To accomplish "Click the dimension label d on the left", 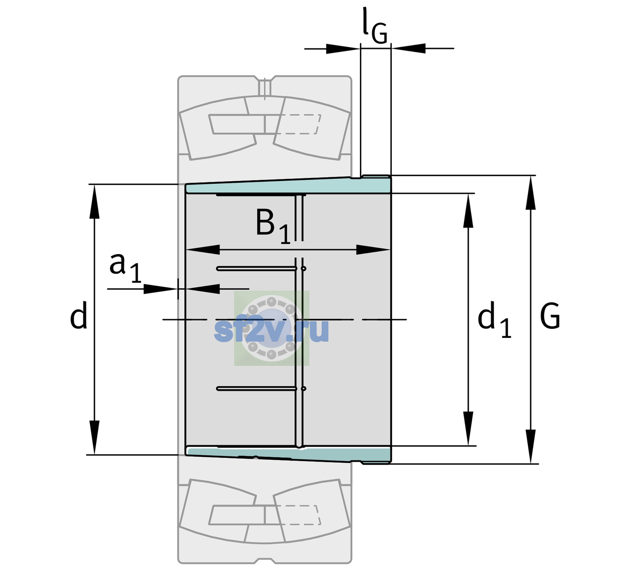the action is (x=79, y=315).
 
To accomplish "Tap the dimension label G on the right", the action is (x=550, y=316).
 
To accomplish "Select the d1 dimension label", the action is (x=495, y=320).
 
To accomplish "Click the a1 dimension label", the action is (x=126, y=268).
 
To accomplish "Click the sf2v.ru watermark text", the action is (x=271, y=330).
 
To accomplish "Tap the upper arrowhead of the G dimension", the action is (x=531, y=193).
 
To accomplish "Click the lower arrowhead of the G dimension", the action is (x=531, y=446).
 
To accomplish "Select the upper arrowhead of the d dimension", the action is (x=94, y=201).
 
